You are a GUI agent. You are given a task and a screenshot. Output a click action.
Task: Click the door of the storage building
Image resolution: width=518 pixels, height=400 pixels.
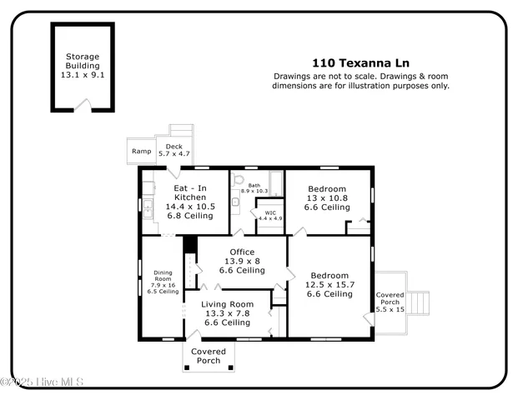click(x=83, y=105)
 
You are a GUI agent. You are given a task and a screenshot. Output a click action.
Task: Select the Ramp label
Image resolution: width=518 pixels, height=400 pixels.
click(x=140, y=151)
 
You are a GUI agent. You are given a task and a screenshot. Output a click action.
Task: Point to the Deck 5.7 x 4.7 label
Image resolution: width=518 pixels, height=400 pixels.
click(x=174, y=150)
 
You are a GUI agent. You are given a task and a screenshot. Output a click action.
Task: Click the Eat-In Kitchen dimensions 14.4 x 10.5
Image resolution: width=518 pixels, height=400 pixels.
click(x=190, y=206)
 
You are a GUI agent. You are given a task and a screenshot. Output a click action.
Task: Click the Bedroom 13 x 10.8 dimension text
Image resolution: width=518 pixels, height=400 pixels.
click(x=326, y=198)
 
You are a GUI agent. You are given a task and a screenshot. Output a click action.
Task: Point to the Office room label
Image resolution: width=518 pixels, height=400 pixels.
click(x=242, y=252)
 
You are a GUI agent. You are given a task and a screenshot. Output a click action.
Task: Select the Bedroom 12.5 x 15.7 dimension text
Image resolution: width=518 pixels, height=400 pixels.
click(x=329, y=285)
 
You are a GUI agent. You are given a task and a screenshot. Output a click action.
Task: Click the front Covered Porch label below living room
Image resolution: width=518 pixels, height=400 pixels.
click(x=209, y=356)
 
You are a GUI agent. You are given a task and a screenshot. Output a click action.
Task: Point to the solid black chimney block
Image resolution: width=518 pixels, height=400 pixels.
click(x=189, y=244)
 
